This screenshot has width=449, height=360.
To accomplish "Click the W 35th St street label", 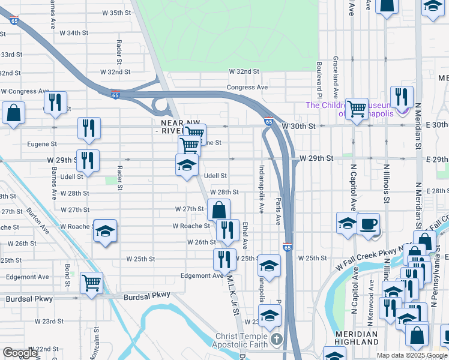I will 100,12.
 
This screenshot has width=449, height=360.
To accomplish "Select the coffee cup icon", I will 368,224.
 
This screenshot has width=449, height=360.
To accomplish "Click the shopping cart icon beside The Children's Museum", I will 357,109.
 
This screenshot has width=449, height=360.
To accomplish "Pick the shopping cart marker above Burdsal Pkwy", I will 91,282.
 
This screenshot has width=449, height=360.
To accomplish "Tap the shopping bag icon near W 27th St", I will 219,210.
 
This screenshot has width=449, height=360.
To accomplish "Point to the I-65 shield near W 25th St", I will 288,247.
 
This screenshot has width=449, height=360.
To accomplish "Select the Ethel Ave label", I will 245,235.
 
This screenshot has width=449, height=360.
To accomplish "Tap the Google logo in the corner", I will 20,353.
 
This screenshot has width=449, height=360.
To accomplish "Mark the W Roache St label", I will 191,226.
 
